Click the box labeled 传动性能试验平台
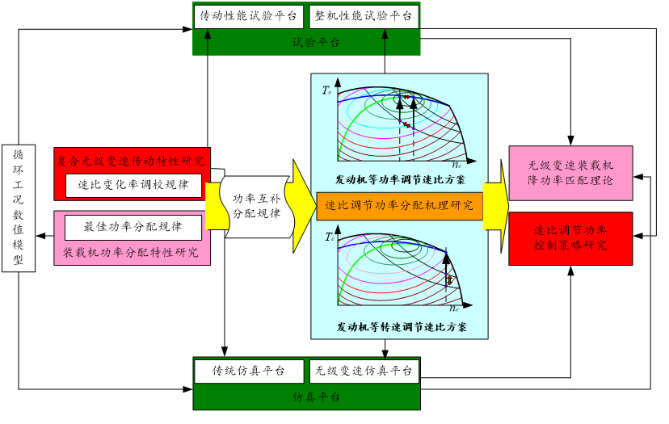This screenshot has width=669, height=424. (x=248, y=16)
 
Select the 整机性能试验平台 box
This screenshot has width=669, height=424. (x=364, y=16)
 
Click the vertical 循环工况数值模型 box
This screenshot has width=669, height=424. (x=19, y=208)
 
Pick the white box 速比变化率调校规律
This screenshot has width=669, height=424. (x=133, y=184)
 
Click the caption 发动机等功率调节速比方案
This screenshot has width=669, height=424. (x=400, y=177)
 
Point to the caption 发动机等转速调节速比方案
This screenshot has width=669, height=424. (x=400, y=327)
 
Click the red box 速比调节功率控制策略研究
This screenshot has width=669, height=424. (x=570, y=237)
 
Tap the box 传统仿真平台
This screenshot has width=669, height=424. (x=248, y=372)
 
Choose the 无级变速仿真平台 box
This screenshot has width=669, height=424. (x=364, y=372)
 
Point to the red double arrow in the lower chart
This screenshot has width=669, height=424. (x=449, y=279)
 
